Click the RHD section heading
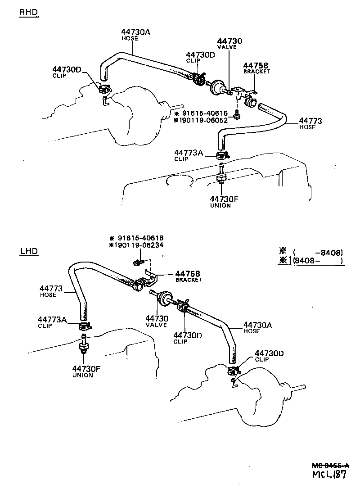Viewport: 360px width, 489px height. point(28,13)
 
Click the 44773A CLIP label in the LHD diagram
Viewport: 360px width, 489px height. point(52,322)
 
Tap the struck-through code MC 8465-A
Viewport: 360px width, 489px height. point(331,464)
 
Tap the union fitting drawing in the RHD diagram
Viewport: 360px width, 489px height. point(221,177)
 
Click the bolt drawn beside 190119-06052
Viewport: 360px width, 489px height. point(236,118)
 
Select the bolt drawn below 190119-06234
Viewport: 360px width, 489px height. point(138,261)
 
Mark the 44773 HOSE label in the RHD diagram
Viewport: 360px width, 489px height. point(310,123)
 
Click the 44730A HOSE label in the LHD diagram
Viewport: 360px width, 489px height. point(258,327)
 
